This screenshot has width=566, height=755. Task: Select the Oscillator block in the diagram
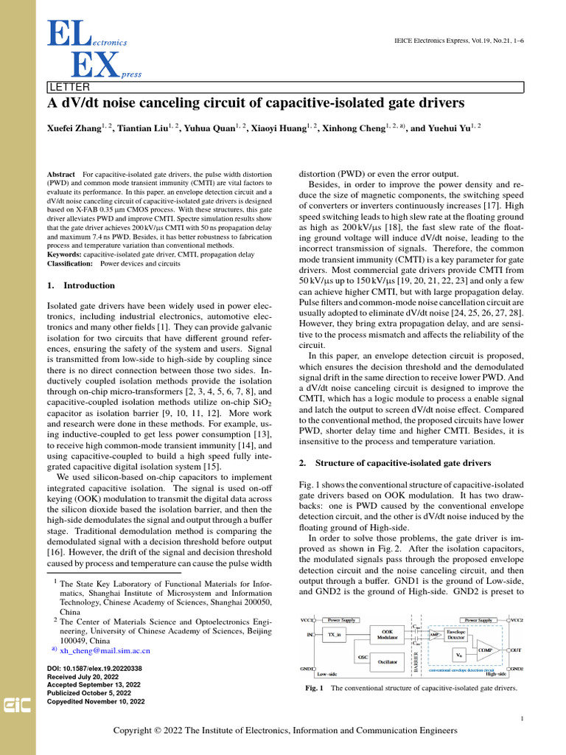point(387,662)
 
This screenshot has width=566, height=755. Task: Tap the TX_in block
point(335,634)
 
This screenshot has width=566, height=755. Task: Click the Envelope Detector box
point(456,633)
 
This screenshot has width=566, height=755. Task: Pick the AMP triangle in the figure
point(435,634)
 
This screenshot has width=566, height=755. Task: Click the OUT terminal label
point(516,650)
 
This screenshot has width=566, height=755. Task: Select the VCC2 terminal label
point(516,620)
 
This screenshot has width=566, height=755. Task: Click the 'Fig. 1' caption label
point(315,689)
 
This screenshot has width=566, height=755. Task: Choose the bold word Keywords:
point(64,254)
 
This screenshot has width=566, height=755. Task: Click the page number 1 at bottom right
point(522,718)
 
